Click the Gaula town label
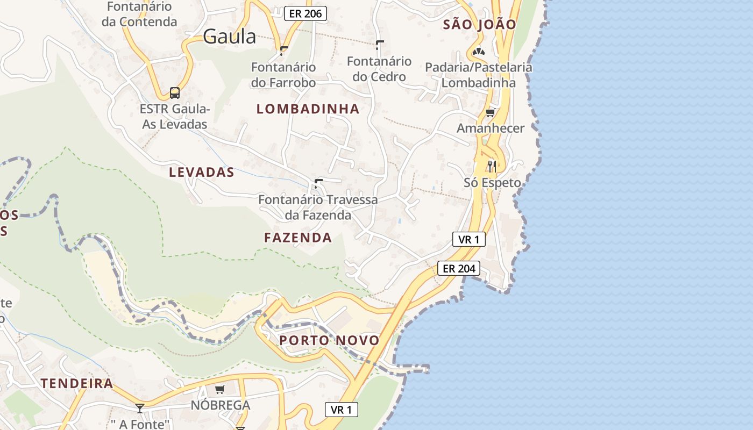pyautogui.click(x=230, y=37)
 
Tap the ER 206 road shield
pyautogui.click(x=306, y=14)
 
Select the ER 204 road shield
pyautogui.click(x=458, y=268)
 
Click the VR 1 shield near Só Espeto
pyautogui.click(x=469, y=239)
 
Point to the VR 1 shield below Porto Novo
pyautogui.click(x=342, y=410)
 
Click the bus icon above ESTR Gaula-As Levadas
pyautogui.click(x=175, y=92)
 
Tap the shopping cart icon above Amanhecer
pyautogui.click(x=490, y=112)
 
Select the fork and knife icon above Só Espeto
pyautogui.click(x=492, y=166)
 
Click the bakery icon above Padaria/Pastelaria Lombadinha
pyautogui.click(x=478, y=52)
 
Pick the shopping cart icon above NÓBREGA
pyautogui.click(x=219, y=389)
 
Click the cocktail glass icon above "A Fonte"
pyautogui.click(x=140, y=408)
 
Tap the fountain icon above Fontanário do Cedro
pyautogui.click(x=380, y=45)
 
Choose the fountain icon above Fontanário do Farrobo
pyautogui.click(x=283, y=51)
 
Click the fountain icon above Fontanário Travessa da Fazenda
pyautogui.click(x=318, y=183)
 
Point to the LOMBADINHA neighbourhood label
pyautogui.click(x=308, y=109)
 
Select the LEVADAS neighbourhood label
pyautogui.click(x=202, y=173)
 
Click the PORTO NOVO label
pyautogui.click(x=329, y=340)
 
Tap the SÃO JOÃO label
pyautogui.click(x=479, y=24)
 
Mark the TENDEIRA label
pyautogui.click(x=77, y=383)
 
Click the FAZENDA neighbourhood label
pyautogui.click(x=298, y=238)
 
